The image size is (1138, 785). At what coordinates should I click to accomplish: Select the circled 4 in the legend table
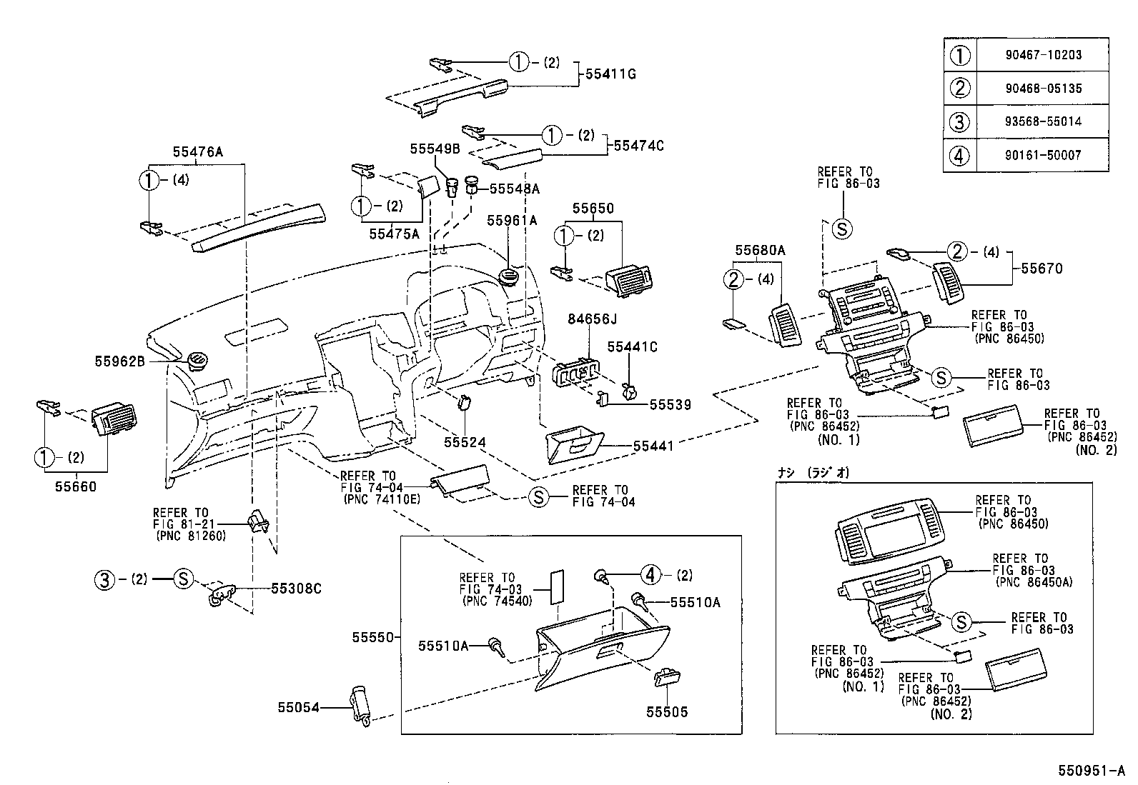(x=959, y=154)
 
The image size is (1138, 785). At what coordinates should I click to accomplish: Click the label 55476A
(x=197, y=152)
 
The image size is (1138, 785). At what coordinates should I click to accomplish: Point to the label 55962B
(x=120, y=361)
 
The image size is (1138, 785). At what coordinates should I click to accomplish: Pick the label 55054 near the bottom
(x=298, y=707)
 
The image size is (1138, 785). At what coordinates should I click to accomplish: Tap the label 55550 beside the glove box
(x=372, y=636)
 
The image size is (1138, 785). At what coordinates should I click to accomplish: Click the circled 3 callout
(x=104, y=579)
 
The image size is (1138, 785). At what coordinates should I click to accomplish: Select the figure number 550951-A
(x=1092, y=771)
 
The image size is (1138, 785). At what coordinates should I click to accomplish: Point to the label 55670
(x=1041, y=269)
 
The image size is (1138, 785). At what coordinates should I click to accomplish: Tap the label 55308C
(x=296, y=589)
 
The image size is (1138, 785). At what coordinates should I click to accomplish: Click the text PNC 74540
(x=497, y=601)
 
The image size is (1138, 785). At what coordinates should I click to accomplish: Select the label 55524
(x=465, y=443)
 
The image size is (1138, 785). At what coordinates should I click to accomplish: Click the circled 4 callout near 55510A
(x=650, y=574)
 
